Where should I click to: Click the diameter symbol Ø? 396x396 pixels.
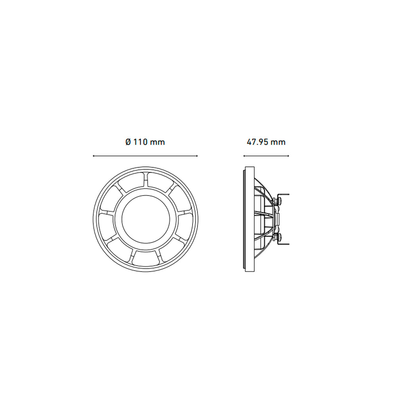(128, 142)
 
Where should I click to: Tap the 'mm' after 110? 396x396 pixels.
(158, 142)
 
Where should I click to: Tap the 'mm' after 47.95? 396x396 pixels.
(278, 142)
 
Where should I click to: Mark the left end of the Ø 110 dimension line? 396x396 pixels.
(93, 156)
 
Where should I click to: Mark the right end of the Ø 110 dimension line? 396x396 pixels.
(197, 156)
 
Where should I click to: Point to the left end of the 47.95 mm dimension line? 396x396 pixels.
(244, 156)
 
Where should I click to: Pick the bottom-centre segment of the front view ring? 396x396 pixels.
(145, 257)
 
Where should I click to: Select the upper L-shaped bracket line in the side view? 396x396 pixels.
(283, 194)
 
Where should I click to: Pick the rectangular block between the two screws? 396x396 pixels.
(278, 219)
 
